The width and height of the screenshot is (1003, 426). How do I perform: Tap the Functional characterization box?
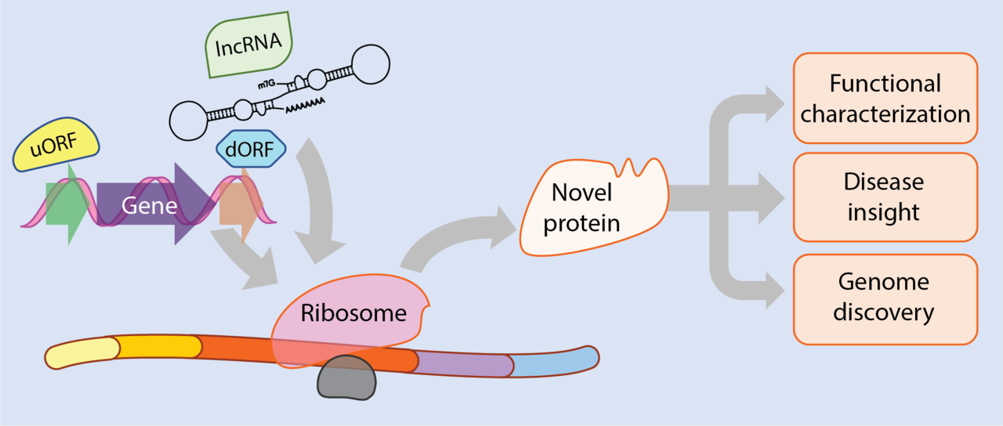pos(885,98)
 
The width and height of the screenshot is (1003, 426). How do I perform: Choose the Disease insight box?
pos(885,197)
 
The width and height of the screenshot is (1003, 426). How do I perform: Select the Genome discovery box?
pos(885,298)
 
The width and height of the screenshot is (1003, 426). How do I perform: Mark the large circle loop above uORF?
pos(190,119)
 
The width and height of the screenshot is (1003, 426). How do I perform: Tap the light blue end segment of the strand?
pos(552,362)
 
